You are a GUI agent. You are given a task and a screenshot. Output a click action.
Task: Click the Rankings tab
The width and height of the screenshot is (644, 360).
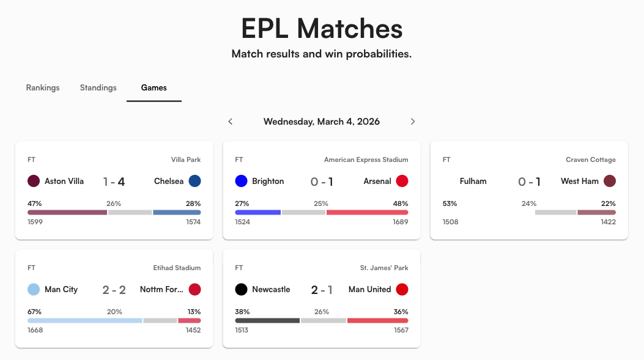point(43,87)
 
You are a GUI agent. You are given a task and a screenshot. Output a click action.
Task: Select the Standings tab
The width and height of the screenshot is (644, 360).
point(98,87)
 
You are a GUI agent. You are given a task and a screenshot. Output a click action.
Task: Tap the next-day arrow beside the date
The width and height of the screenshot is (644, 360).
point(413,122)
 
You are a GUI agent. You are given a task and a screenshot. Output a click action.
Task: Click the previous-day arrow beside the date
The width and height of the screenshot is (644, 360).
point(231,122)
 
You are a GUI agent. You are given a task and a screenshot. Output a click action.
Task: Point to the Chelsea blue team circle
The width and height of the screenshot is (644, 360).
point(194,181)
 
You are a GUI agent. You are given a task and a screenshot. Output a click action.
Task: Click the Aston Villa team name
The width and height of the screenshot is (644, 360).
point(64,181)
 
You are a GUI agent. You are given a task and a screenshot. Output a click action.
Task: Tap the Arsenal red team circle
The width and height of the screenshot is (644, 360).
point(402,181)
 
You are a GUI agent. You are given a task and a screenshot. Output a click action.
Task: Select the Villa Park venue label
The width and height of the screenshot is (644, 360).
point(186,160)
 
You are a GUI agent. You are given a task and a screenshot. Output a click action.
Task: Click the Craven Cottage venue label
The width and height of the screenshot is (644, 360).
point(591,160)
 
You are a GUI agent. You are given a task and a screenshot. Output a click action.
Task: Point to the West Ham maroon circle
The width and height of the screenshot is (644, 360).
point(609,181)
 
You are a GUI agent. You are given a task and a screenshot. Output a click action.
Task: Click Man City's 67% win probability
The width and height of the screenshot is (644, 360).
point(34,311)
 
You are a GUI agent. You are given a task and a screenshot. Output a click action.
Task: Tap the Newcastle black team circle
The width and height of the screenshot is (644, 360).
point(241,289)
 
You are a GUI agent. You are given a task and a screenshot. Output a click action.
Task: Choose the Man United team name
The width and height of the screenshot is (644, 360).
point(369,289)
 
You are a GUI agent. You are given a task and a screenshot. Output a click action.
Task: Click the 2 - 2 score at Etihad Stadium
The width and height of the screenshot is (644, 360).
point(114,290)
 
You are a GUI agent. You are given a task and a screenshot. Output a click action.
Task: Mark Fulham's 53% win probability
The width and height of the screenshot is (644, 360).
point(450,203)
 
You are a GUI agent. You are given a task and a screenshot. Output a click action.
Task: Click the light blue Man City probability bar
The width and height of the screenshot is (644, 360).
point(84,320)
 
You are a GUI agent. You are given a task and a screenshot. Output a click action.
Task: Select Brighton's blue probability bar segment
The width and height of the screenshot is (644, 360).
point(257,212)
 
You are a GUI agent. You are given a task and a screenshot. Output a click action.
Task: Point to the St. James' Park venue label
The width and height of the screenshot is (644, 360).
point(384,268)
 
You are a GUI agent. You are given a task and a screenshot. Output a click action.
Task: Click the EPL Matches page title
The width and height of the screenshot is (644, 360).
point(322,29)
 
